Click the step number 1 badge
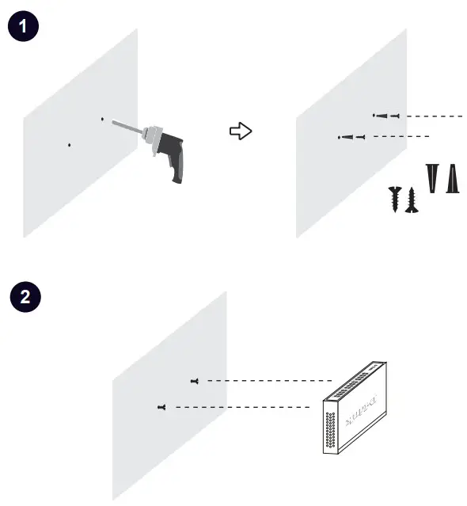pos(23,26)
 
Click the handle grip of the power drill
pos(176,166)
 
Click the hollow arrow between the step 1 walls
pos(240,131)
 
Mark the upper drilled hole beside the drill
pos(102,119)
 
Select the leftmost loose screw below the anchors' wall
pos(394,197)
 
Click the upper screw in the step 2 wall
pos(195,381)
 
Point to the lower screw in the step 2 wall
pos(161,407)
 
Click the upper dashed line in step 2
pos(269,381)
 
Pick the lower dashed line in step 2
pos(241,407)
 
